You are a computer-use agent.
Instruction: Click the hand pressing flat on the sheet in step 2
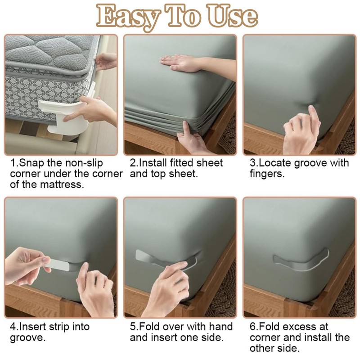click(180, 62)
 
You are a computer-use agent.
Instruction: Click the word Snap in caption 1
click(31, 162)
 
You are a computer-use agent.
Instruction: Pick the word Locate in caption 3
click(274, 162)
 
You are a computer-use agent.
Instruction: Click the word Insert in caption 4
click(32, 327)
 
